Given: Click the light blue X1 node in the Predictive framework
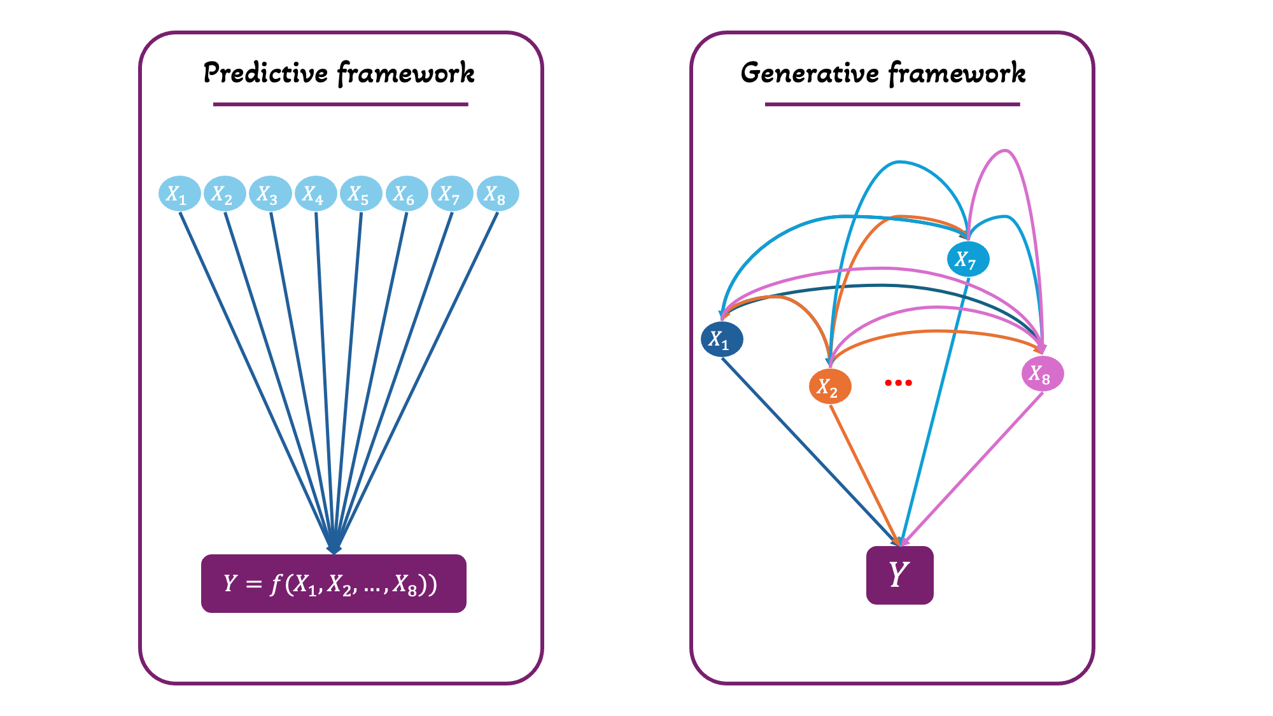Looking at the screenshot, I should [x=179, y=193].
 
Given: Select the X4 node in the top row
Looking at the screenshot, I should [x=316, y=193].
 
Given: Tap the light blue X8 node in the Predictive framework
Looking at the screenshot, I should [x=498, y=193].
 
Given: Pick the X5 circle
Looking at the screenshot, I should [x=361, y=193].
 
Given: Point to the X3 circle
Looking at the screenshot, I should [x=271, y=193].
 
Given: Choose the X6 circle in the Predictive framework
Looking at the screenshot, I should [x=407, y=193].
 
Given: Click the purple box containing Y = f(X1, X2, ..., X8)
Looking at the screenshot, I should [x=334, y=583].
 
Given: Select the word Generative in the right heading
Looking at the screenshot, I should [x=809, y=73].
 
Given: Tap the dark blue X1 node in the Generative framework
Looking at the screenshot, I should [x=722, y=339].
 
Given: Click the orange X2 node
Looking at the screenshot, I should [x=830, y=386].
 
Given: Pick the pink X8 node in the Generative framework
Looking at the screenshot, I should [x=1043, y=374].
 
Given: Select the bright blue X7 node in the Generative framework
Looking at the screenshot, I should [x=968, y=259].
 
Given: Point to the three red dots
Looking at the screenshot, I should [x=898, y=383].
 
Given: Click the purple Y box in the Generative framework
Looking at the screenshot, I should [x=899, y=575].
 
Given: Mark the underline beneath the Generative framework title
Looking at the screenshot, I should [x=892, y=104].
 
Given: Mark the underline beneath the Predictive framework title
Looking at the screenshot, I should [x=341, y=104].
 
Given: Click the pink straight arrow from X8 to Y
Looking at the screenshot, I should [x=974, y=467].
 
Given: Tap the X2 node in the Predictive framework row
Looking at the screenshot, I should [x=225, y=193].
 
